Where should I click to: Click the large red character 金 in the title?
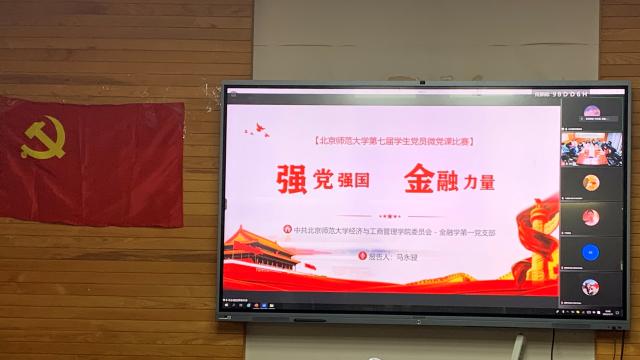coord(420,178)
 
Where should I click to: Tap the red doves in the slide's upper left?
coord(262,127)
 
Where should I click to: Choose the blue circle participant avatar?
coord(590,251)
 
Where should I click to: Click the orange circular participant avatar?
coord(590,182)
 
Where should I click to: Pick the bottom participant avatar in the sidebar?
coord(590,287)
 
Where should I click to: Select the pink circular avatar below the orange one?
coord(590,217)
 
